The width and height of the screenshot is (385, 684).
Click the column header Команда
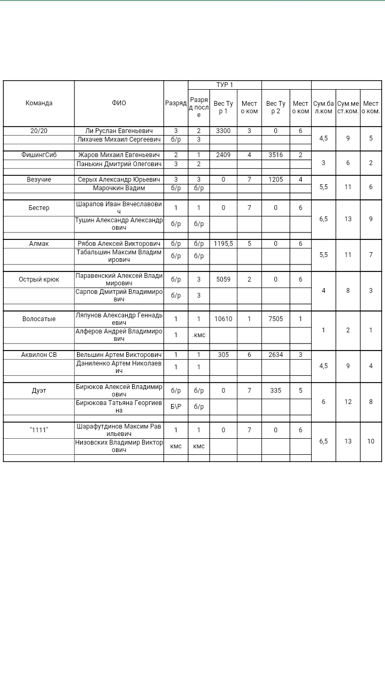[x=39, y=103]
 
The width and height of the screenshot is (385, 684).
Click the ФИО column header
[x=119, y=103]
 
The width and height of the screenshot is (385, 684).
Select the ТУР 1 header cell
[x=225, y=85]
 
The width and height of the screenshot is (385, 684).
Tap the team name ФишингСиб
[x=39, y=155]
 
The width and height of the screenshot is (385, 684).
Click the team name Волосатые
[x=39, y=319]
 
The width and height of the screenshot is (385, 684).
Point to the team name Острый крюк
[x=39, y=279]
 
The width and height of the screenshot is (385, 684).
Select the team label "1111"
[x=39, y=430]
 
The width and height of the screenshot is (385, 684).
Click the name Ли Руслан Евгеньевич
[x=119, y=131]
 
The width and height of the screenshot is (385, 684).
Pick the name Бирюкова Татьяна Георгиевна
[x=119, y=407]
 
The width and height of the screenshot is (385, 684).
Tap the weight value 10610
[x=223, y=319]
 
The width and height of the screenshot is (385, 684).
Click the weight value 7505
[x=275, y=319]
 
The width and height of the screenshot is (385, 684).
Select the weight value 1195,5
[x=223, y=244]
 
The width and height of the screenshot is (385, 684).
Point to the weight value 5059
[x=223, y=279]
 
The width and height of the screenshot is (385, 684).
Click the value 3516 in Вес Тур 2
[x=275, y=155]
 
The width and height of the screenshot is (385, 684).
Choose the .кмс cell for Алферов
[x=198, y=335]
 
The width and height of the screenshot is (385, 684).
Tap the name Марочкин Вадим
[x=119, y=188]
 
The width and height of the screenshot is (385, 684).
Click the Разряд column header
[x=175, y=103]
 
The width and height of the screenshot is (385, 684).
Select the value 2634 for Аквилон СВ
[x=275, y=355]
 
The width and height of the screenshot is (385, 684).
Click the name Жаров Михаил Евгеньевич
[x=119, y=155]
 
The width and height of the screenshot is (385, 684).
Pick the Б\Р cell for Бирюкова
[x=175, y=407]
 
